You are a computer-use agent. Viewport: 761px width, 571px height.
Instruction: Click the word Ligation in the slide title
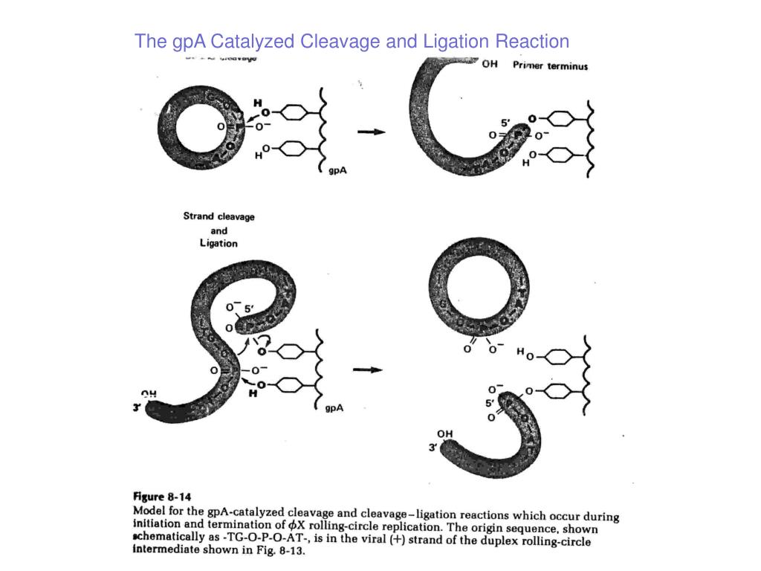click(x=454, y=42)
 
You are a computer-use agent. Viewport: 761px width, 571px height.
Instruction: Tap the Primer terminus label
click(x=550, y=65)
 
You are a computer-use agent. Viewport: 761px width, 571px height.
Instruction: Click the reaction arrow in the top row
click(x=372, y=132)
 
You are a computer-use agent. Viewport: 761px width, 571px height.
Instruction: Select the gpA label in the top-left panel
click(x=338, y=170)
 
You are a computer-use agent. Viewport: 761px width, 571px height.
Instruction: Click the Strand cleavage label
click(x=218, y=216)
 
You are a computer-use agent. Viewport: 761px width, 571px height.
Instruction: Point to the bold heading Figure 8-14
click(x=163, y=497)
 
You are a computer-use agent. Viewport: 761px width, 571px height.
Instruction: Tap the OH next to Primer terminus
click(x=490, y=64)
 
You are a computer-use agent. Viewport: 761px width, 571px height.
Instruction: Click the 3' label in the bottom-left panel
click(x=137, y=407)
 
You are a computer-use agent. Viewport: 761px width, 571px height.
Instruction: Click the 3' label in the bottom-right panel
click(x=433, y=448)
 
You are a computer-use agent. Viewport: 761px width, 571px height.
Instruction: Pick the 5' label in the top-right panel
click(x=506, y=122)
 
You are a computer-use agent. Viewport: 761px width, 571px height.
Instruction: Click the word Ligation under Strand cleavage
click(x=218, y=243)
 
